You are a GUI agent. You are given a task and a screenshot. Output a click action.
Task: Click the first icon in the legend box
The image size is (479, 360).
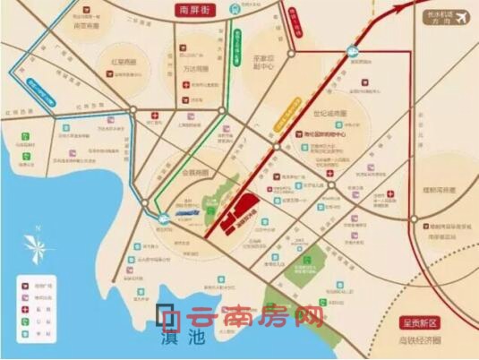(x=24, y=286)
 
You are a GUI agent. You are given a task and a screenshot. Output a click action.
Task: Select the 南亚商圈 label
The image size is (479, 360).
(x=87, y=27)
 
